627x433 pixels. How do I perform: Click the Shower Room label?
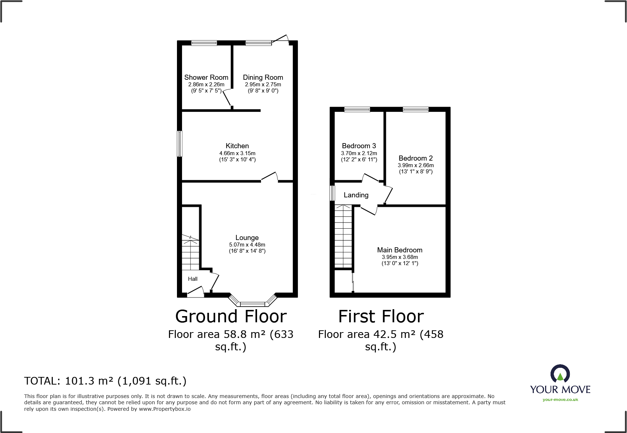(x=206, y=77)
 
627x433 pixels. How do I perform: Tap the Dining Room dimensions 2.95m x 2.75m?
(x=263, y=84)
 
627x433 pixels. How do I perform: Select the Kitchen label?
(x=237, y=146)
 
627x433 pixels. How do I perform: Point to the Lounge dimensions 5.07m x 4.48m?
(x=247, y=245)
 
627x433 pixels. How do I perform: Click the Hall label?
(x=193, y=279)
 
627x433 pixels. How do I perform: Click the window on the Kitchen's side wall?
(x=180, y=143)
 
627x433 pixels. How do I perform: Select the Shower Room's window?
(x=204, y=43)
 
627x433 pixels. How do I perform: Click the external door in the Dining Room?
(x=281, y=39)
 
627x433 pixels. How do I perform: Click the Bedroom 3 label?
(x=359, y=146)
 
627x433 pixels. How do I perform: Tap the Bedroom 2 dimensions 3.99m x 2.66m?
(x=415, y=165)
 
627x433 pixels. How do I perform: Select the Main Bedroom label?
(x=399, y=250)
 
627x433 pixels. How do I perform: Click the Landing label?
(x=356, y=195)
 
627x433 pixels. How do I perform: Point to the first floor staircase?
(x=343, y=237)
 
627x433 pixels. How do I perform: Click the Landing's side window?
(x=332, y=193)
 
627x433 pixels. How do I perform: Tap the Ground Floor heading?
(x=231, y=316)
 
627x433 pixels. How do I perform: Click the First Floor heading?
(x=381, y=316)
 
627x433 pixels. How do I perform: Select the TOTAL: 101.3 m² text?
(x=105, y=381)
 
